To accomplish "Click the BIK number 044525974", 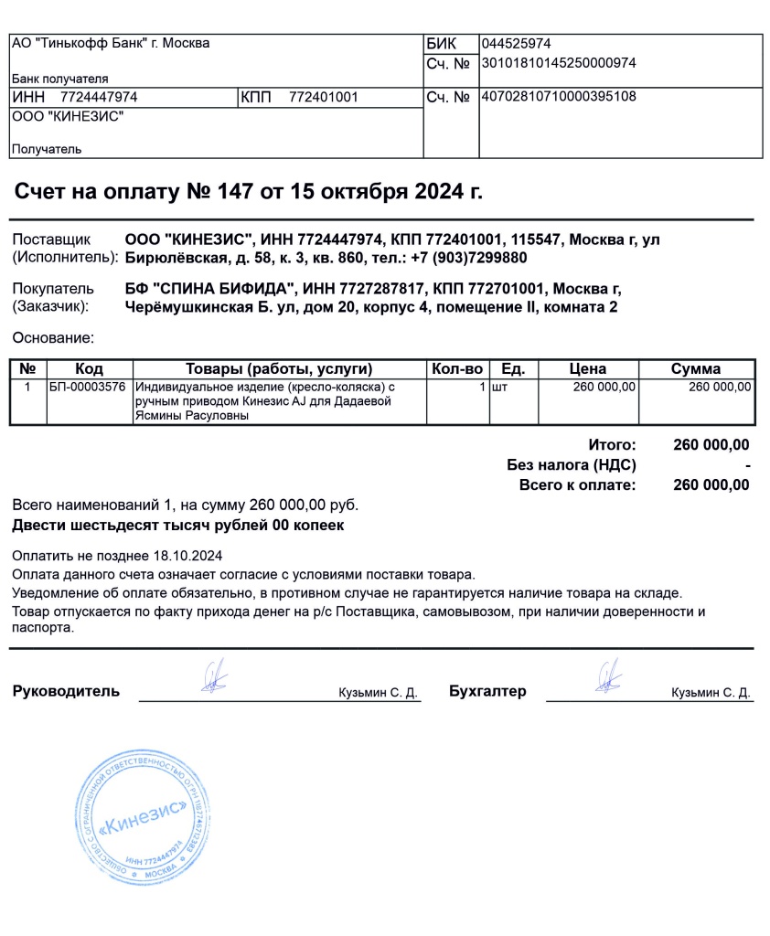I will point(516,44).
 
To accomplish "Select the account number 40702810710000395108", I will point(558,97).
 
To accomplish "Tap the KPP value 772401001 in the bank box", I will point(323,97).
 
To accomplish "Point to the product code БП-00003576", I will point(87,388).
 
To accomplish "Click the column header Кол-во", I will point(456,369).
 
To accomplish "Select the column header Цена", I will point(587,369).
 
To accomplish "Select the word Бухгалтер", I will point(487,691).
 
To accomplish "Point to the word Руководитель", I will point(66,691).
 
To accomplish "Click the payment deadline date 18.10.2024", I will point(188,556).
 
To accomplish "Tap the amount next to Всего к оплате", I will point(711,485).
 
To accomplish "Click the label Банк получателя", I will point(59,79).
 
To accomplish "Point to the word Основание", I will point(52,338).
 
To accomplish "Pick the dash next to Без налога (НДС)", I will point(747,465).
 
